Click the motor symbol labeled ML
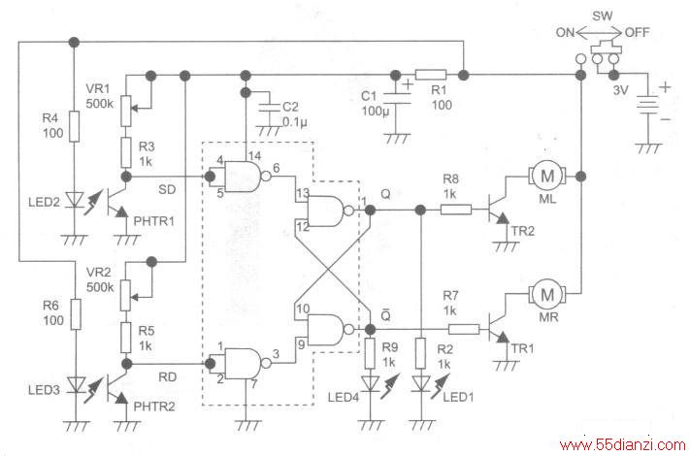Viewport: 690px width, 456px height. (x=547, y=177)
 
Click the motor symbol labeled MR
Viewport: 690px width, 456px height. (x=547, y=294)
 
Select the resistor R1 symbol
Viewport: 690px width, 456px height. (x=431, y=75)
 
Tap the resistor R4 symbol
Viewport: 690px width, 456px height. (x=74, y=126)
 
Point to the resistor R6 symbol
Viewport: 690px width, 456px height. (x=76, y=314)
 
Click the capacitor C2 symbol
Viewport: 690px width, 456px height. (x=269, y=107)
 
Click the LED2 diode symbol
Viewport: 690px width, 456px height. (x=75, y=200)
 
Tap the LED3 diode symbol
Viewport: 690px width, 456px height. (x=76, y=385)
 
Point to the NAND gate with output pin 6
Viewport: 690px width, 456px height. (x=245, y=177)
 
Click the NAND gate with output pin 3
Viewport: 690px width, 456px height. (x=245, y=364)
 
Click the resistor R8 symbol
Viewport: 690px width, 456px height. (x=456, y=210)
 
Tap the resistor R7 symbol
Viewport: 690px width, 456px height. (x=464, y=329)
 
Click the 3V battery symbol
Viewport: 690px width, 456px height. (x=647, y=105)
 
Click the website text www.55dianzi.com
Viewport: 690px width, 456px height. (x=622, y=445)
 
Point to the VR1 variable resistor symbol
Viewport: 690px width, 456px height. (x=126, y=111)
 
